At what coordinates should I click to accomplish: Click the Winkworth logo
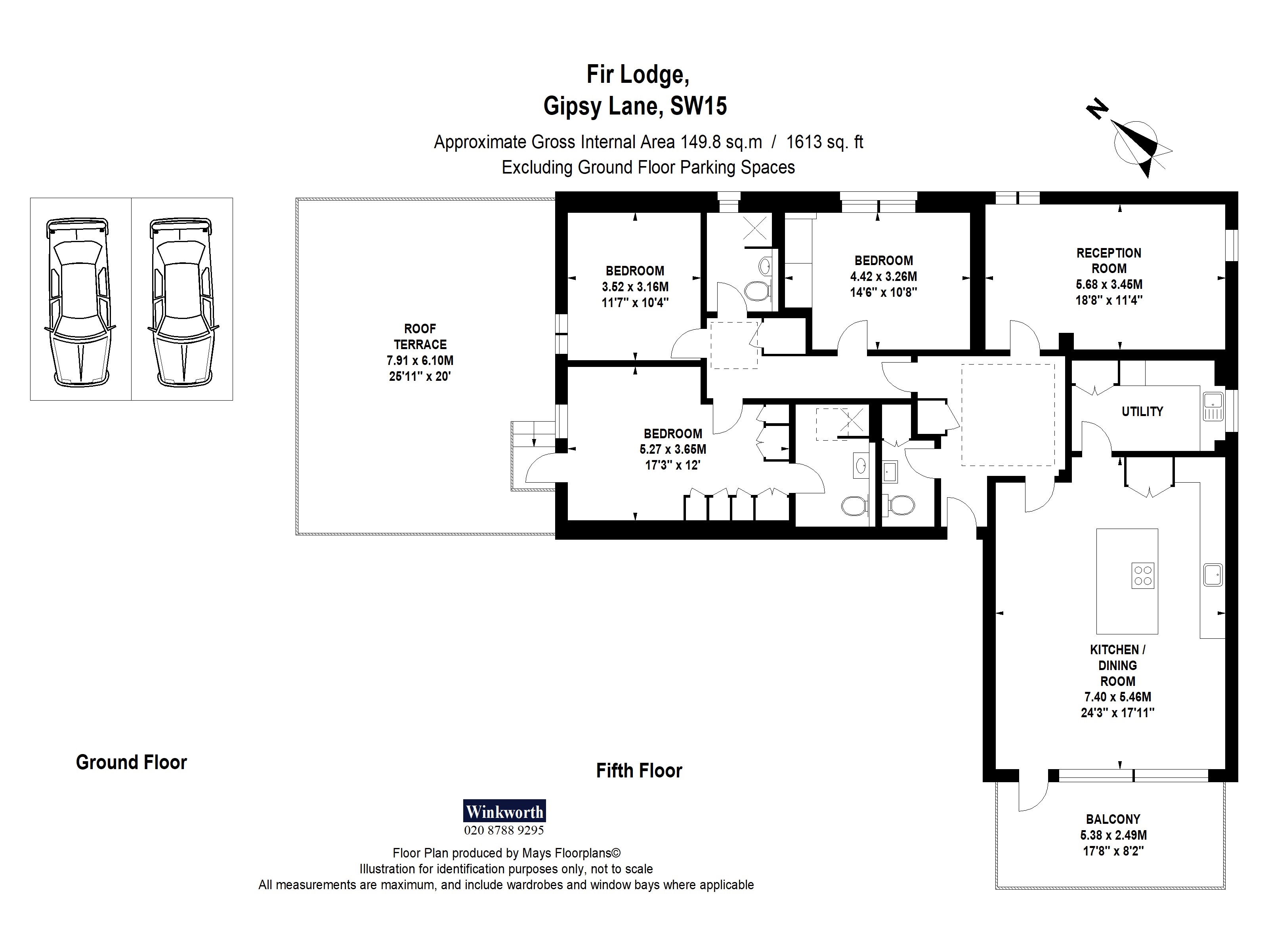(504, 811)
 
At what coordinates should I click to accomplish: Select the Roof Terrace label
(420, 336)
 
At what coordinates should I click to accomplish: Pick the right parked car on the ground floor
(182, 302)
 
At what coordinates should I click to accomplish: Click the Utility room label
(1142, 411)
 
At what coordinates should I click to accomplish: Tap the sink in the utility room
(1213, 407)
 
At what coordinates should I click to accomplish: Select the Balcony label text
(1113, 819)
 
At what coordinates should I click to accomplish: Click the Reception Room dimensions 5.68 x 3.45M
(1109, 285)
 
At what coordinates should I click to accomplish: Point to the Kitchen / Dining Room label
(1117, 666)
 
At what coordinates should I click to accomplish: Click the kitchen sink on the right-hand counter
(1213, 575)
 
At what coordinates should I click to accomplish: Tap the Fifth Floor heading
(639, 770)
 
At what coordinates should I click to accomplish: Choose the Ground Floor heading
(131, 762)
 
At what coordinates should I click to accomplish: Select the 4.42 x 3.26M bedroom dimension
(883, 276)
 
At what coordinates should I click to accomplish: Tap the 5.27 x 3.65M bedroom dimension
(672, 449)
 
